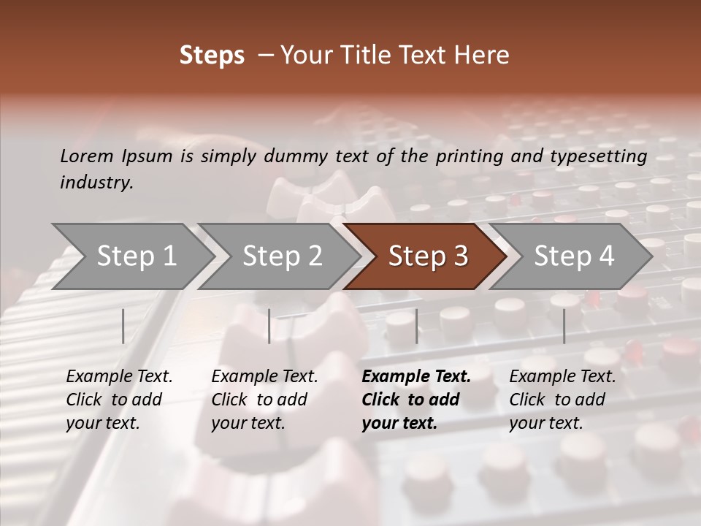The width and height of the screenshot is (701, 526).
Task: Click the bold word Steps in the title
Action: coord(212,56)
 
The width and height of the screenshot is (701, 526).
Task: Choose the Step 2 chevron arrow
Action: coord(282,256)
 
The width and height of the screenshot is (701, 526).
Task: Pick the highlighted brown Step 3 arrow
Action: coord(427,256)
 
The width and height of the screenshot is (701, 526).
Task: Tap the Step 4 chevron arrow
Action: coord(574,256)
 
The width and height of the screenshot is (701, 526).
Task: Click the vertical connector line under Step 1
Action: coord(123,326)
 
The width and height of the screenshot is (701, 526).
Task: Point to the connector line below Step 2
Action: coord(269,326)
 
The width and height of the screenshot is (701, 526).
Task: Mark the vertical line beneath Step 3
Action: coord(416,326)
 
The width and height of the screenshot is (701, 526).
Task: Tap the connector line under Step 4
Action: coord(564,326)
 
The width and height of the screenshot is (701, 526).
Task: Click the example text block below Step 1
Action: coord(119,400)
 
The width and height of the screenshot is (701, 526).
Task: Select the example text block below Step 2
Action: coord(264,400)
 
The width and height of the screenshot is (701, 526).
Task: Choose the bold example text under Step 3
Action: coord(415,400)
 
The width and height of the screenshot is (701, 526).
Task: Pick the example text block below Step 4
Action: coord(562,400)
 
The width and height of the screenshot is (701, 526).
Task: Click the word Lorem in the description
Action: coord(87,156)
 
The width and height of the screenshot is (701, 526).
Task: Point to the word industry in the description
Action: coord(96,183)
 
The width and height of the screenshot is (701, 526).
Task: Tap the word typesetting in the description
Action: coord(605,156)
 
